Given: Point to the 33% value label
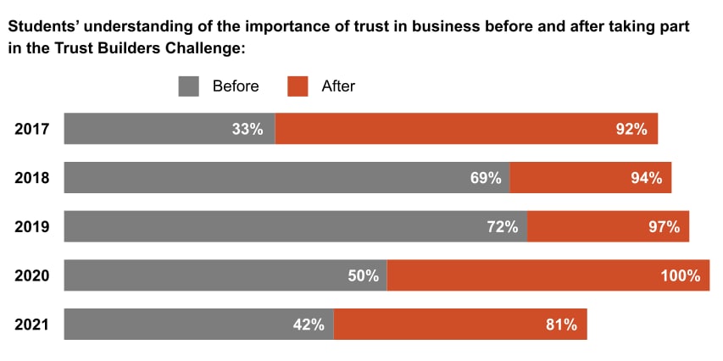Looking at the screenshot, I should coord(247,130).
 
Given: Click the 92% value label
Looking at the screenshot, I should coord(631,130).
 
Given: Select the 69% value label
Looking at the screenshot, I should coord(485,178).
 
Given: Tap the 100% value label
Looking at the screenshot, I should coord(681,275).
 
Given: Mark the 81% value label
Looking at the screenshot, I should coord(560,324).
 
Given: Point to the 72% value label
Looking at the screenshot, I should coord(502,226).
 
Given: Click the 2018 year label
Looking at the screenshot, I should coord(32,178).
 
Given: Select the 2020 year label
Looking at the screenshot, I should coord(32,275).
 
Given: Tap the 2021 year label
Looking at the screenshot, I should coord(32,324).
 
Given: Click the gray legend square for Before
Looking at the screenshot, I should coord(188,86).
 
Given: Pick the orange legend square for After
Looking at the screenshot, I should coord(298,86).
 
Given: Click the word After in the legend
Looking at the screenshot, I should coord(338,86).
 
